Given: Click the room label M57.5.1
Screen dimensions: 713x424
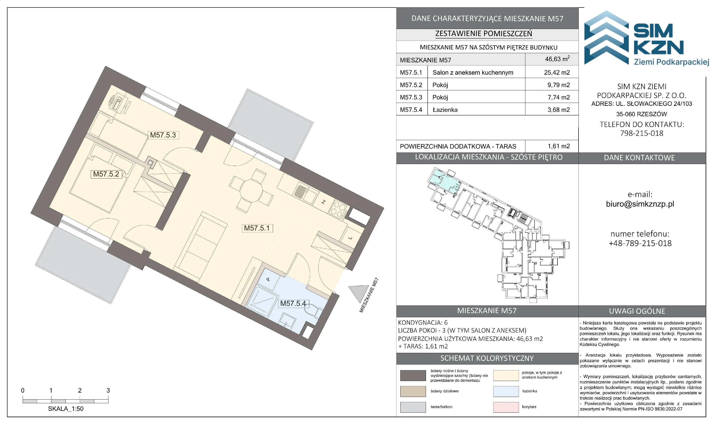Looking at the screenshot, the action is click(x=257, y=228).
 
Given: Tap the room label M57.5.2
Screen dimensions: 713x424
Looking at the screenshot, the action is click(x=106, y=174).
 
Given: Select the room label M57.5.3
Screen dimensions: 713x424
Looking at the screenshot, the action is click(x=163, y=135).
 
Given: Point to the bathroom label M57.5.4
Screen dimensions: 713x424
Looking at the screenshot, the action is click(x=293, y=303).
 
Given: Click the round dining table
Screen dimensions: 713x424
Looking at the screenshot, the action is click(x=251, y=191).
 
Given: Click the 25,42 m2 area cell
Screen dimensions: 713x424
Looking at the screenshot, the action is click(x=557, y=72).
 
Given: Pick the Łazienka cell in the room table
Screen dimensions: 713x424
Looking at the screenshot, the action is click(x=445, y=110).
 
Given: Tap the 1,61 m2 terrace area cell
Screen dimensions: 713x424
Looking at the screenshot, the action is click(x=558, y=146).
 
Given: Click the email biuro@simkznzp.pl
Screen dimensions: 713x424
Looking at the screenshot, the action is click(x=640, y=204).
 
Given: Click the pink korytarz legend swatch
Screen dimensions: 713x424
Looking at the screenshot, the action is click(x=506, y=407).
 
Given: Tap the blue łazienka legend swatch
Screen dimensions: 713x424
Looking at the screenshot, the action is click(x=506, y=391).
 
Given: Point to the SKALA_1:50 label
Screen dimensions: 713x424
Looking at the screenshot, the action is click(x=66, y=409).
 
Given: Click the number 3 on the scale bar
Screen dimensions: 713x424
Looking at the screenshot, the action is click(x=108, y=390).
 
